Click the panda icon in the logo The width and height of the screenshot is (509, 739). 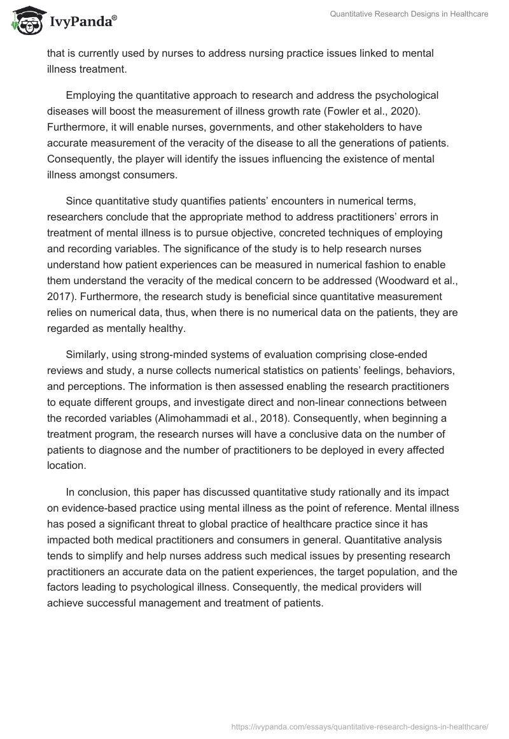tap(25, 20)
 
